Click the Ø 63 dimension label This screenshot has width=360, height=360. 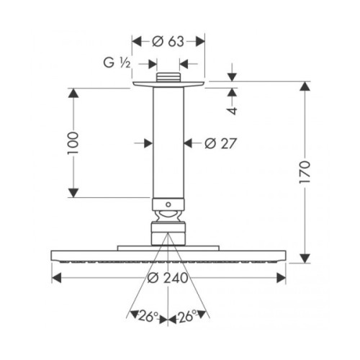[168, 42]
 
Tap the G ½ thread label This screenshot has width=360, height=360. [117, 63]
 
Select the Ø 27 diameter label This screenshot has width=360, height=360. [221, 143]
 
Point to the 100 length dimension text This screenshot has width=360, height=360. [73, 143]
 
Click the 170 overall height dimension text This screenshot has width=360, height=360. [305, 172]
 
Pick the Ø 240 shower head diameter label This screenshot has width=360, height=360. [168, 278]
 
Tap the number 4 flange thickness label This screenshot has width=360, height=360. [232, 111]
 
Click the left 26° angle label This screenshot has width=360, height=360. [148, 316]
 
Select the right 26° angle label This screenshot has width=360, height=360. [186, 316]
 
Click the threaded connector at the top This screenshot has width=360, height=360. [168, 77]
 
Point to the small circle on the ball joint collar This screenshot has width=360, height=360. [168, 204]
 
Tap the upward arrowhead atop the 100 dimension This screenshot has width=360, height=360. [73, 93]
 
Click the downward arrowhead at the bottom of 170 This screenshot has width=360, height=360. [305, 258]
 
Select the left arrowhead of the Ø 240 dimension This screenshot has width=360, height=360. [56, 278]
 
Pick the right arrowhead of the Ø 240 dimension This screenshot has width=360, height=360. [282, 278]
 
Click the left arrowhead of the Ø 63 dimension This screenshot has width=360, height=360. [137, 42]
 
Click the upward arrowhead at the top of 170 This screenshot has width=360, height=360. [305, 86]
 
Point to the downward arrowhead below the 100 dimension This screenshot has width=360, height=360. [73, 193]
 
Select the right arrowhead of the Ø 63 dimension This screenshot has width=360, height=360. [200, 42]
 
